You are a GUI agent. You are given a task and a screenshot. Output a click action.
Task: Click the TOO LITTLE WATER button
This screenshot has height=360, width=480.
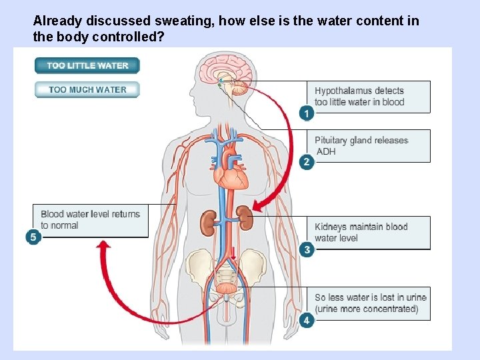point(87,65)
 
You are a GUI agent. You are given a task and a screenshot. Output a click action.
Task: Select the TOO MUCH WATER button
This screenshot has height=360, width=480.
point(87,89)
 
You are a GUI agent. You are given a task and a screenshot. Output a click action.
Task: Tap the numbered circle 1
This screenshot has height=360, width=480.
point(306,113)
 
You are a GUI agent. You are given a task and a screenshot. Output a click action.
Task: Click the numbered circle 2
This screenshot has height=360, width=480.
point(306,162)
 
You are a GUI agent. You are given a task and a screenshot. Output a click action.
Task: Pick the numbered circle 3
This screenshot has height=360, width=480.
point(306,249)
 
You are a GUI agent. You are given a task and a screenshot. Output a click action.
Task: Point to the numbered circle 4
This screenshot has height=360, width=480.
point(306,321)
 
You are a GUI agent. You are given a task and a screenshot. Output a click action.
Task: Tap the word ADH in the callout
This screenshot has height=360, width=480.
point(325,151)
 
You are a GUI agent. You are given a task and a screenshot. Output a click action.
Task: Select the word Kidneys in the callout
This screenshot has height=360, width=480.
point(331,227)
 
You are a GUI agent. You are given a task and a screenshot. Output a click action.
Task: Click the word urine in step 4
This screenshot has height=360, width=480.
point(415,297)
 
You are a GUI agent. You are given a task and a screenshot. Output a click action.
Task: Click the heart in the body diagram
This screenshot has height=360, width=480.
point(230,176)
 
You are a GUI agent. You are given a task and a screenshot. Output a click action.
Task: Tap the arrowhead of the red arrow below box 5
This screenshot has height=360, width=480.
point(103,247)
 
